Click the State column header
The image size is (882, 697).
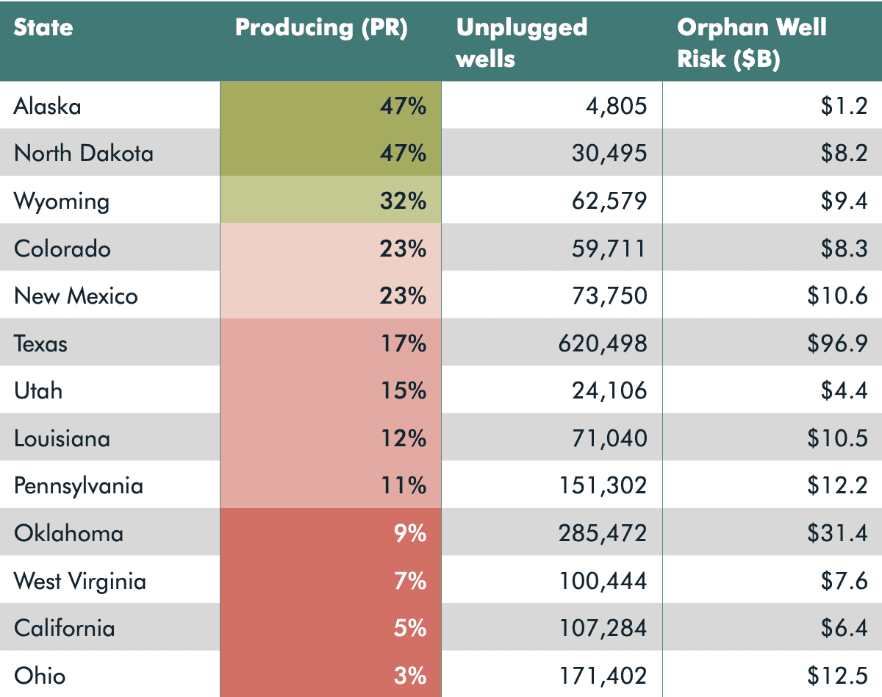click(44, 28)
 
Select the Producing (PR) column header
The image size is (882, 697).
click(321, 28)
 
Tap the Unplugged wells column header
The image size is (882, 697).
click(522, 42)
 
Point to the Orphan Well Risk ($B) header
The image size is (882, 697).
click(751, 42)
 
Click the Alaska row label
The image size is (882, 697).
click(48, 107)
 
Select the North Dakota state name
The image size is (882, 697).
click(84, 154)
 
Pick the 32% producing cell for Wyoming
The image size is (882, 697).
click(403, 201)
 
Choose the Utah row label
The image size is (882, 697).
click(38, 390)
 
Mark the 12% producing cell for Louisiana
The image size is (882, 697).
click(403, 438)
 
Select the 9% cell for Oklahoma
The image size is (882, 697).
click(410, 533)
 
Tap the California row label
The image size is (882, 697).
click(65, 629)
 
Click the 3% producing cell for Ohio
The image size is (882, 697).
click(410, 676)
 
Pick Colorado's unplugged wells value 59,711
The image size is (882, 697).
click(609, 249)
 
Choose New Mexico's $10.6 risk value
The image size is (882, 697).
click(837, 296)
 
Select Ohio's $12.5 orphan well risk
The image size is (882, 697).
click(837, 676)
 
